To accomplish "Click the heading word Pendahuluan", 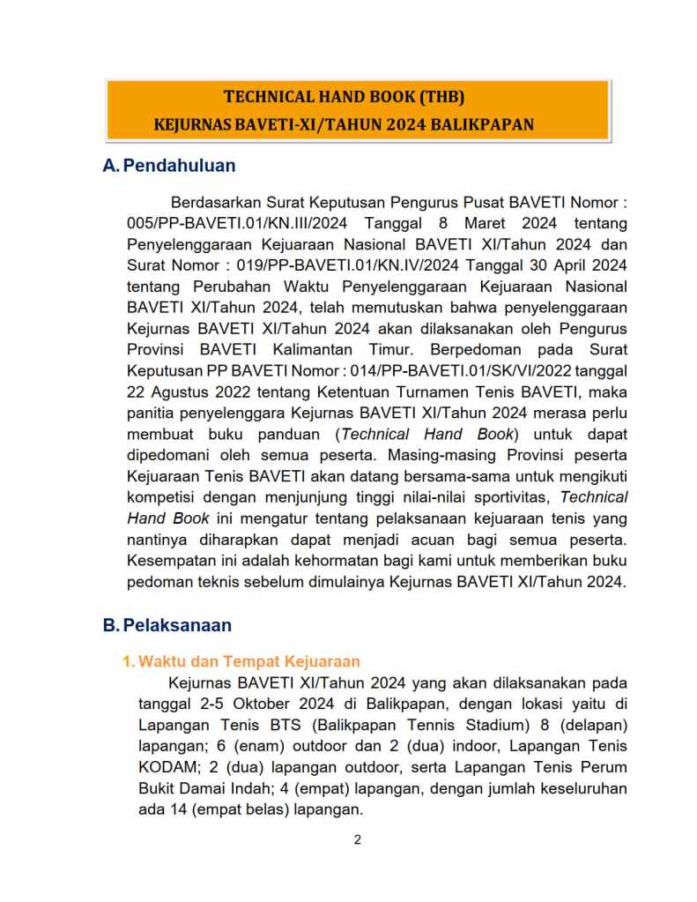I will [179, 166].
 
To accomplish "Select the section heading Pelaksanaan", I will [177, 625].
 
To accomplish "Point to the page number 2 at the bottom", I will [357, 839].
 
